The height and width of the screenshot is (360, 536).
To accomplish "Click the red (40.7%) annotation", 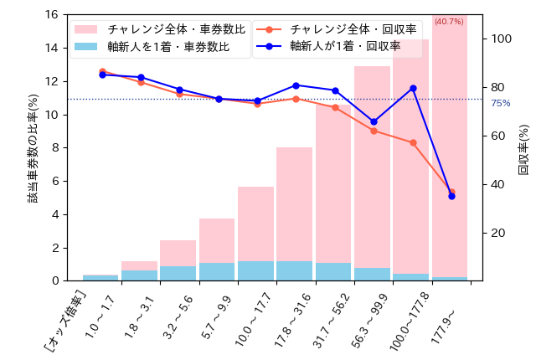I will click(449, 21).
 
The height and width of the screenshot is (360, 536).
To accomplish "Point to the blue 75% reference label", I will click(500, 103).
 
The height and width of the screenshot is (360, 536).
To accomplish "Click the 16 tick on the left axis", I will click(51, 15).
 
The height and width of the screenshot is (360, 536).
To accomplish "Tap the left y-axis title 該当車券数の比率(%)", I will click(33, 148).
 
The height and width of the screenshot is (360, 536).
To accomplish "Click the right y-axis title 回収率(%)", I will click(523, 149).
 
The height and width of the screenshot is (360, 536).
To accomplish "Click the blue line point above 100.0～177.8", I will click(413, 88).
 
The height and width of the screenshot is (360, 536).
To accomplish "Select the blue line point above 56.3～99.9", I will click(374, 122).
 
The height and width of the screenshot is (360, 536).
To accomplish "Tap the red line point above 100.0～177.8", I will click(413, 142).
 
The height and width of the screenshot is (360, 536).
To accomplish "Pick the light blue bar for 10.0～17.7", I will click(255, 271).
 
